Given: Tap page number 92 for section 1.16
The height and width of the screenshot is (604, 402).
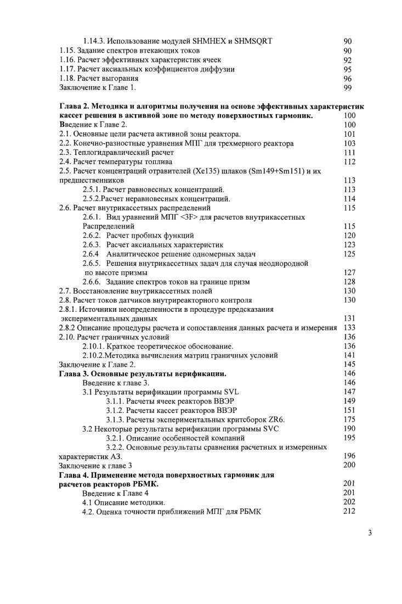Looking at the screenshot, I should [x=347, y=60].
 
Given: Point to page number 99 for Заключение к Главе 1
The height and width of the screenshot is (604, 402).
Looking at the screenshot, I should [x=347, y=87].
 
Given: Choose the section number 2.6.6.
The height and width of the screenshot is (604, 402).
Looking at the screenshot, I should [x=92, y=282].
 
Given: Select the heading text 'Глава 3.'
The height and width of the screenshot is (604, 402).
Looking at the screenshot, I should [x=74, y=373].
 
